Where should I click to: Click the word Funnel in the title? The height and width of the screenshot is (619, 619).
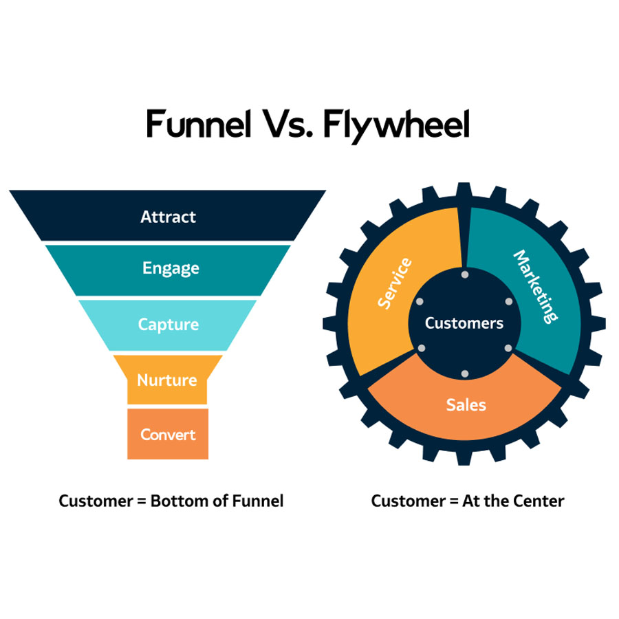click(x=198, y=126)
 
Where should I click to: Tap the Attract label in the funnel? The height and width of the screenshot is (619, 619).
click(x=168, y=217)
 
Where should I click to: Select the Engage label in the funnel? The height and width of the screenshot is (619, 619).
click(x=171, y=268)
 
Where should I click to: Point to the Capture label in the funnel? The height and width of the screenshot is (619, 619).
click(x=168, y=324)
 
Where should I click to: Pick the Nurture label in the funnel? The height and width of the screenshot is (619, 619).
click(x=167, y=380)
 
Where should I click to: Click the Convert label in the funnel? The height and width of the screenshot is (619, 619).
click(x=168, y=435)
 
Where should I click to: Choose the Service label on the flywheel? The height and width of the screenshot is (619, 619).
click(x=395, y=283)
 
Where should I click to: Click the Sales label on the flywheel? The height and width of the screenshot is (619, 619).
click(x=466, y=404)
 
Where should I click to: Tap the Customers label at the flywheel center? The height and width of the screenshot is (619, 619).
click(x=464, y=323)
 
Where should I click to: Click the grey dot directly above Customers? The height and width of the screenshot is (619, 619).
click(x=465, y=275)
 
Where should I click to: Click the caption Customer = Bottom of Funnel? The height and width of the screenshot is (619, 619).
click(x=171, y=501)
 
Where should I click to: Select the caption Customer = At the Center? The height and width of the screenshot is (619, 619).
click(x=467, y=501)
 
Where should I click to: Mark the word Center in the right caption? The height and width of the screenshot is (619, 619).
click(x=540, y=501)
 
